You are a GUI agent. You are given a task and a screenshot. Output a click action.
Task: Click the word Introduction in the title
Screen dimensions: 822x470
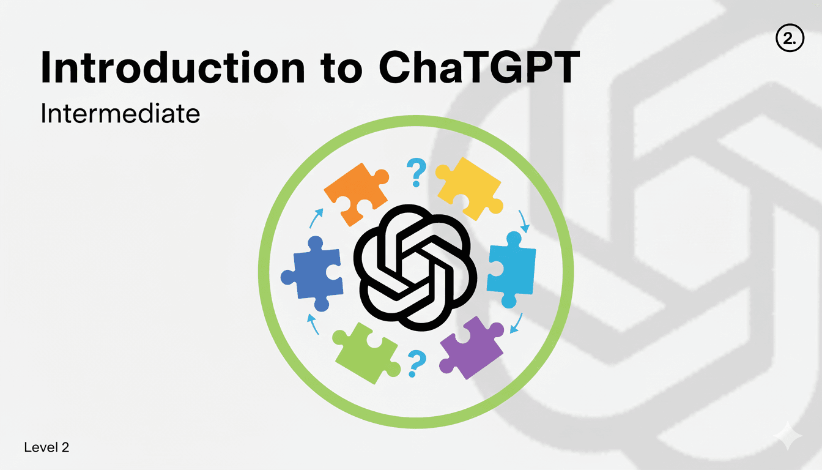[x=173, y=67]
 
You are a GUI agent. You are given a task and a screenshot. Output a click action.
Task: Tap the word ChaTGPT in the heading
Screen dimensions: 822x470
[x=480, y=67]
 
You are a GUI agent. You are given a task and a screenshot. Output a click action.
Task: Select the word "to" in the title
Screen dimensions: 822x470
[x=342, y=70]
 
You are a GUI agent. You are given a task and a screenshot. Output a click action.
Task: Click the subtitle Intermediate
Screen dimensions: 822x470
[x=120, y=113]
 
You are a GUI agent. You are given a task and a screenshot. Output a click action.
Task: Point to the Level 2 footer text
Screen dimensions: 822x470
[x=46, y=447]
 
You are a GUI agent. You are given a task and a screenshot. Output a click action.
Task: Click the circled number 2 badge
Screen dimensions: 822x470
[x=790, y=38]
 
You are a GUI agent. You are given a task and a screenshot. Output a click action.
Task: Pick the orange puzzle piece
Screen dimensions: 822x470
[x=356, y=193]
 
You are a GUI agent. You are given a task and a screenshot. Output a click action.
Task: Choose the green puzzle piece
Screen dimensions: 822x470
[x=366, y=353]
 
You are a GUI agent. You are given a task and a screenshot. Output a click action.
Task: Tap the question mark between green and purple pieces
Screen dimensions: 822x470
[x=417, y=364]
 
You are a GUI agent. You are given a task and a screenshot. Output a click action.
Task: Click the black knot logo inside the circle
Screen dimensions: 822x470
[x=415, y=267]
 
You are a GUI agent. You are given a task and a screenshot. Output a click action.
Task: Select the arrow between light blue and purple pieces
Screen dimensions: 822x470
[x=517, y=323]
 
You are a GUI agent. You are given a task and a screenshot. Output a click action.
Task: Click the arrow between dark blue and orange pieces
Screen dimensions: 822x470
[x=316, y=218]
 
